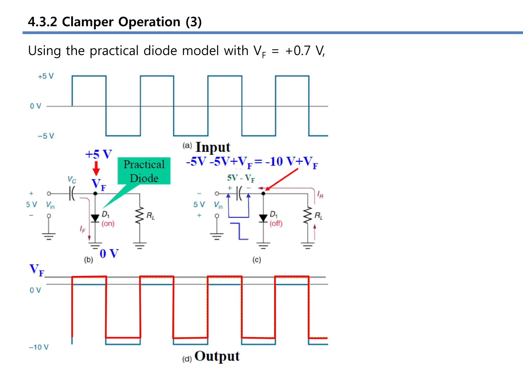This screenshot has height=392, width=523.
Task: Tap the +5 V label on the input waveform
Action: [x=46, y=76]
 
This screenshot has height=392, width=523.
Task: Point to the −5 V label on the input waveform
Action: [x=46, y=136]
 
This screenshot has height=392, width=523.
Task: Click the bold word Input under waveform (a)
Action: [x=213, y=148]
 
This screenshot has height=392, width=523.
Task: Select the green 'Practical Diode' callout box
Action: [x=144, y=171]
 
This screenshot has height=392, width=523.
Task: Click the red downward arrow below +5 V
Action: [x=96, y=168]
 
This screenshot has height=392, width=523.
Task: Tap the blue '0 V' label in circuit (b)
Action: [x=109, y=254]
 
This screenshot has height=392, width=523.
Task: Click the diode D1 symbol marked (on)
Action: [x=95, y=218]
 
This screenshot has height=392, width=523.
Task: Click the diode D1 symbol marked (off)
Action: [x=263, y=218]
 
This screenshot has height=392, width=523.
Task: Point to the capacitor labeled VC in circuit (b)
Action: [x=72, y=193]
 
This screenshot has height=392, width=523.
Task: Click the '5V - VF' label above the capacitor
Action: [x=241, y=178]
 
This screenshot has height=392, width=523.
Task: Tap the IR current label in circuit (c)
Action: [x=320, y=195]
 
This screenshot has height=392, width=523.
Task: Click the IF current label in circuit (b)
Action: [x=82, y=229]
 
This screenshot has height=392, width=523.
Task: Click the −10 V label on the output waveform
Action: [x=39, y=347]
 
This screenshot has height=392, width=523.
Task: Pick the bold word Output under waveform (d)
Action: [x=217, y=356]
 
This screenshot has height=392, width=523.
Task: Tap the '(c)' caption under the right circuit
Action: [x=257, y=260]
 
